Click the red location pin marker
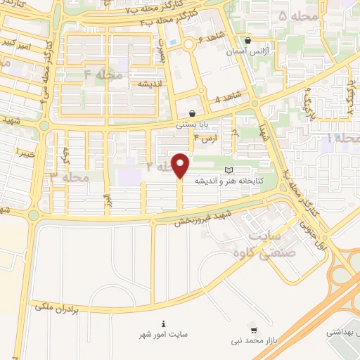[181, 165]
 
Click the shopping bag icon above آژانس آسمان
[248, 41]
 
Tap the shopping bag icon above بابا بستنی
[192, 112]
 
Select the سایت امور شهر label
[165, 335]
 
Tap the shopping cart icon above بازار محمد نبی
[253, 330]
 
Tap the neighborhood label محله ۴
[103, 74]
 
